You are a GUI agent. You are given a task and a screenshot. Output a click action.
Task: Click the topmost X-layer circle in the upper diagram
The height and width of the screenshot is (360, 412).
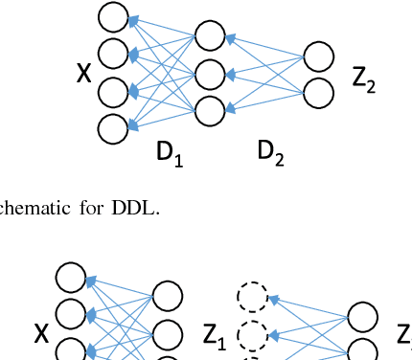(x=114, y=17)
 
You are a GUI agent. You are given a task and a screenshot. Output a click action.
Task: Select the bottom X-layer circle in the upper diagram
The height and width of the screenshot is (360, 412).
(x=114, y=128)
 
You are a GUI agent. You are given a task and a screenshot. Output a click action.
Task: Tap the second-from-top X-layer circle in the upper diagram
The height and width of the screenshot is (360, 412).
(x=114, y=53)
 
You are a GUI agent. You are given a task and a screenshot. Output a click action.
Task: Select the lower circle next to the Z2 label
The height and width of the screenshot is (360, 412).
(x=319, y=93)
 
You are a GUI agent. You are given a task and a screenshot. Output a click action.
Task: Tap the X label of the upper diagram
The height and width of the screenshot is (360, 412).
(x=84, y=72)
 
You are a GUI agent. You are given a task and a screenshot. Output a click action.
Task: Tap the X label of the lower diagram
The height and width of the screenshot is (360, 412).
(x=41, y=334)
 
